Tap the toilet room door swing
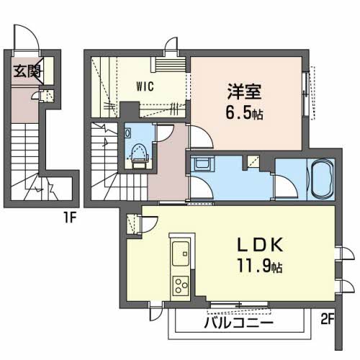[163, 133]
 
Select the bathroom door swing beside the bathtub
[286, 189]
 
